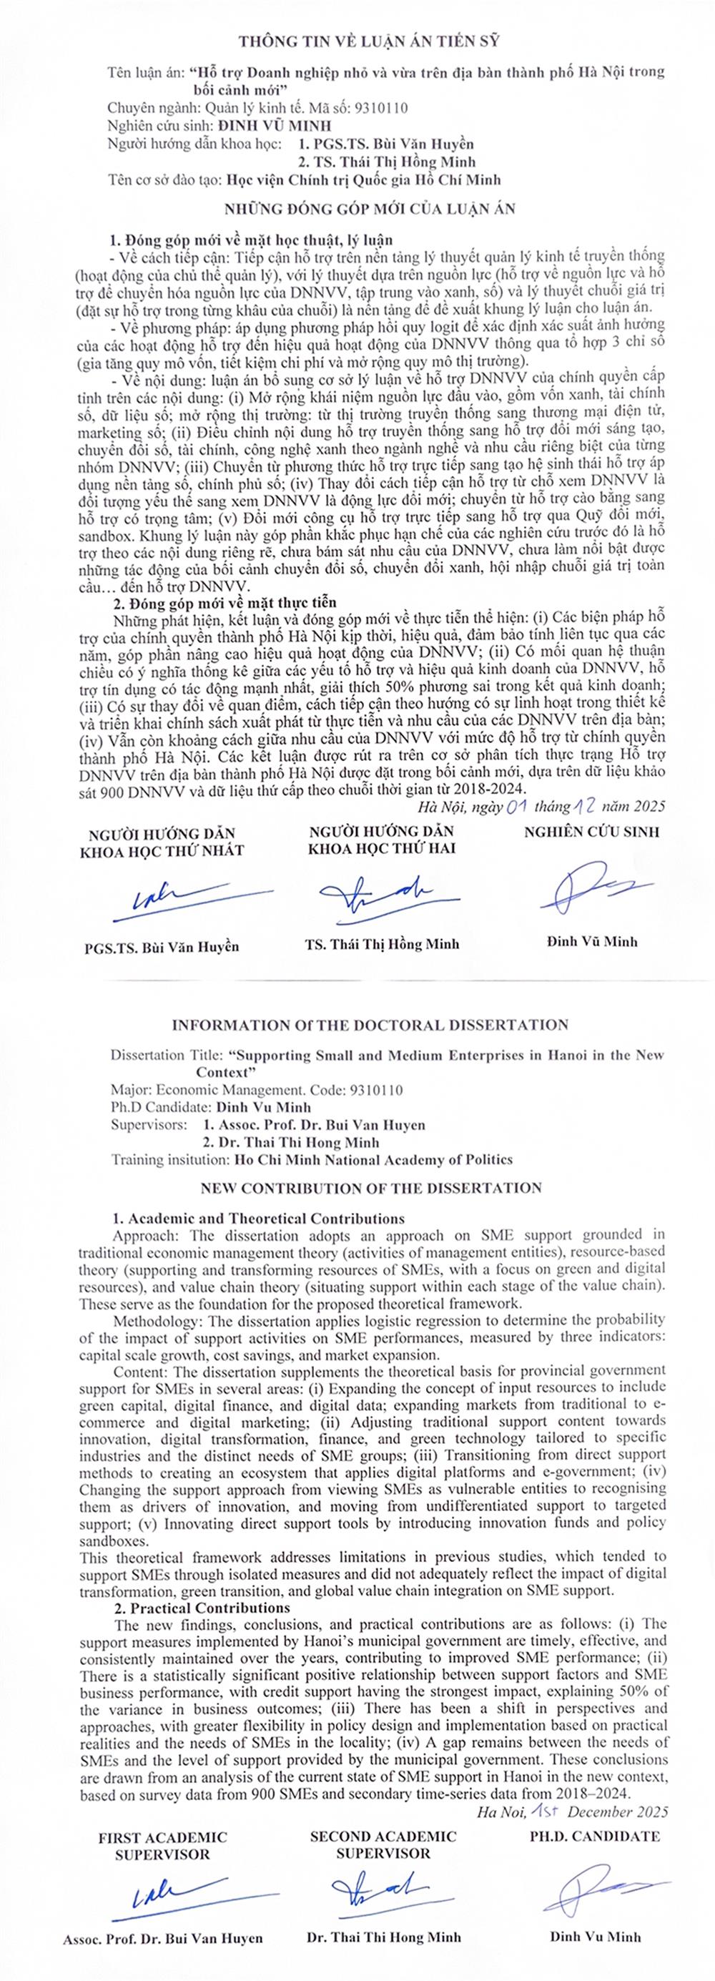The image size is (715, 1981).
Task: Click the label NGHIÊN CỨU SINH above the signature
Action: pyautogui.click(x=591, y=831)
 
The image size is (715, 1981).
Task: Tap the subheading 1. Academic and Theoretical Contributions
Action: pyautogui.click(x=258, y=1219)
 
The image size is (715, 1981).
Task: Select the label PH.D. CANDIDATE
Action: pyautogui.click(x=594, y=1837)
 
